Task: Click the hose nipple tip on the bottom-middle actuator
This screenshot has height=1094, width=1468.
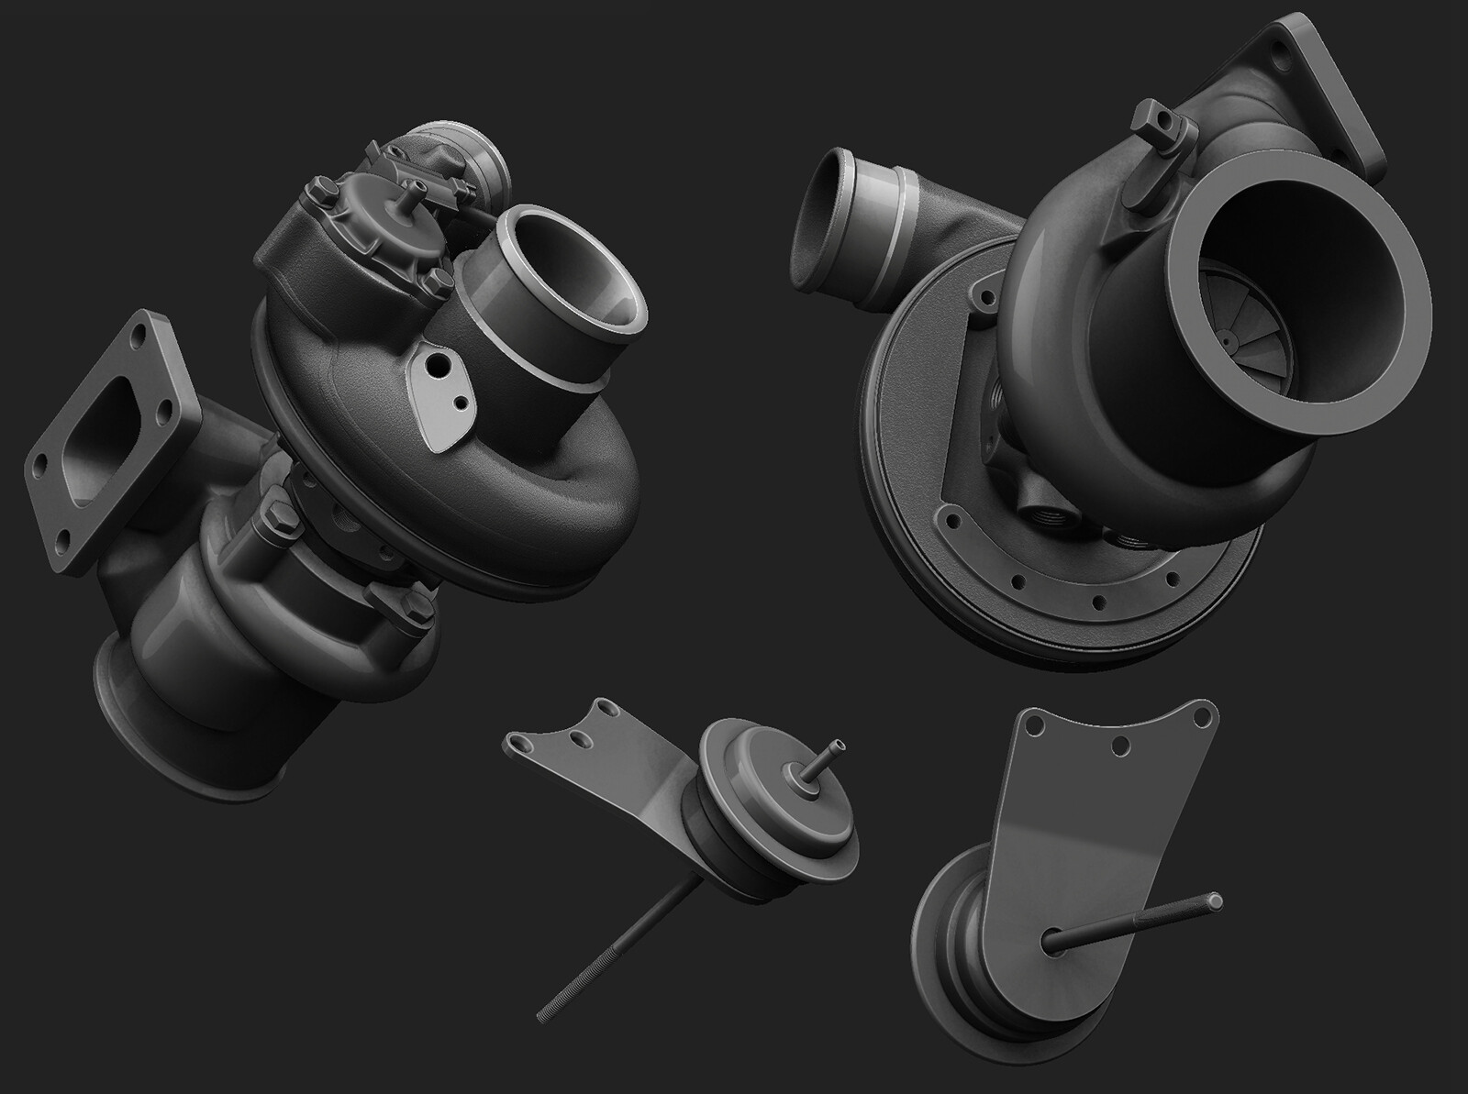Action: tap(835, 747)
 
